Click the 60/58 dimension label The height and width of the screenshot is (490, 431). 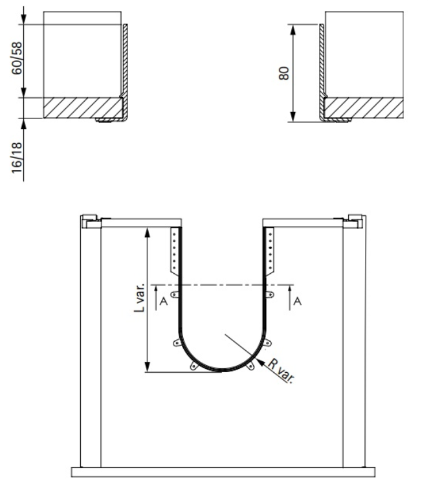coord(17,58)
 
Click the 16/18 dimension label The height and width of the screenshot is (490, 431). coord(17,157)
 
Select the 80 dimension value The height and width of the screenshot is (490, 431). coord(284,73)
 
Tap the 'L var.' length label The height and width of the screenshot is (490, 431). coord(140,298)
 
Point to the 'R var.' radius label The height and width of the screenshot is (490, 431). coord(281,371)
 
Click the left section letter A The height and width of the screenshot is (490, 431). coord(163,301)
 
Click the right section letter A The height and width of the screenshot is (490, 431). coord(298,301)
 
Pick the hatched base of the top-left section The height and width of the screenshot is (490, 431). coord(83,108)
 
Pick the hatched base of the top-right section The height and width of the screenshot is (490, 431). coord(364,108)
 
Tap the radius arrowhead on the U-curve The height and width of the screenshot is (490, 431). coord(260,363)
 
